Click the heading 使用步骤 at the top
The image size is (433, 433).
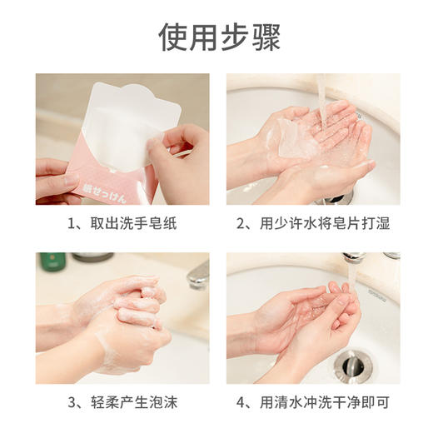[219, 36]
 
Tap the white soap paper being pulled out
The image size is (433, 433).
[133, 117]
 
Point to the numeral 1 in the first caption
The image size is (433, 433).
[73, 223]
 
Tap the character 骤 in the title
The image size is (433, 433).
[265, 36]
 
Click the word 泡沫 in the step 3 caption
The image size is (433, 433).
[167, 404]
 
